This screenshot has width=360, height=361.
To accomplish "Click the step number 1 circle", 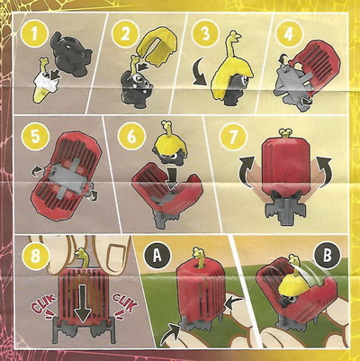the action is pos(34,34).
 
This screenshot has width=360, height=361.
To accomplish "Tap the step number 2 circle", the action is pos(125,34).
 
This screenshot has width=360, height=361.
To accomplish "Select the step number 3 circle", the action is pos(205,34).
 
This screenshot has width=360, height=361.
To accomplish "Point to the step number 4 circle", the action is pos(288,34).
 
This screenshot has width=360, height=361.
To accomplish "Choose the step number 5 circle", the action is pos(35,137).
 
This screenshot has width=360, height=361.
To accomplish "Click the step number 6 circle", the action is pos(131,137).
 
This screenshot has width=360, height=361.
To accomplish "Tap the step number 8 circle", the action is pos(35,257).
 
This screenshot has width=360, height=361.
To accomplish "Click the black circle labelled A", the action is pos(157,257).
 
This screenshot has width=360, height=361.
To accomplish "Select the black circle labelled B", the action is pos(328,256).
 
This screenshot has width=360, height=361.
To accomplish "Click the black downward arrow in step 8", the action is pos(83,304).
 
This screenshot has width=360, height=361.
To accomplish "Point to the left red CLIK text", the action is pos(44,305).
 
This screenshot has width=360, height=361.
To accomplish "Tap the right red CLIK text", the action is pos(125,304).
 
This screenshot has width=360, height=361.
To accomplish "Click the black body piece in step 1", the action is pos(71,56).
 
